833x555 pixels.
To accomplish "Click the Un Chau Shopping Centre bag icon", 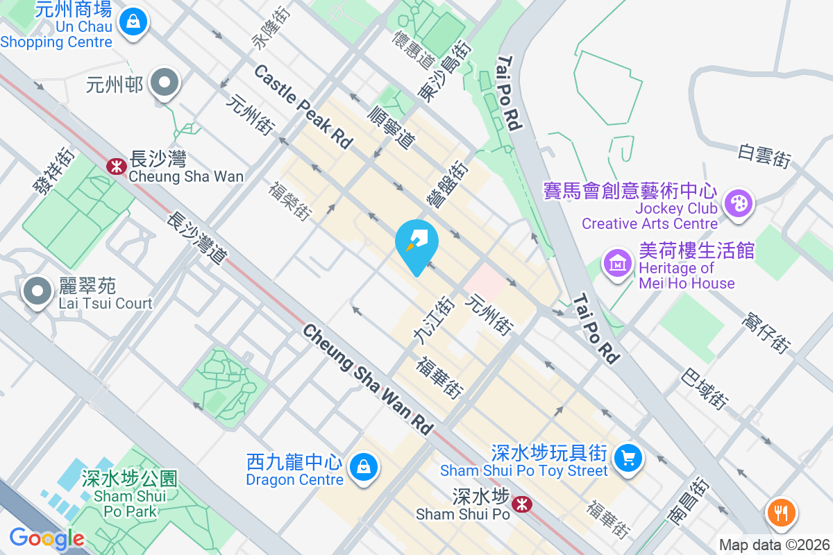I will [131, 20].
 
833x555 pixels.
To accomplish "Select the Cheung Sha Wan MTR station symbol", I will [116, 166].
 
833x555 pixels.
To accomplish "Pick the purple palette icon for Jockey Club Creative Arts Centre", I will [736, 204].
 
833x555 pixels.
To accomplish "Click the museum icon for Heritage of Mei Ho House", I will [616, 264].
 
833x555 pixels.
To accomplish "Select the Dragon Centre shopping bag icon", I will [363, 467].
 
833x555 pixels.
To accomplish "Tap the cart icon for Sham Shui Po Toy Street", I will [628, 458].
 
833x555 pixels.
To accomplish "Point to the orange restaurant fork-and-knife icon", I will [781, 514].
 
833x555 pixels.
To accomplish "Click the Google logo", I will [47, 538].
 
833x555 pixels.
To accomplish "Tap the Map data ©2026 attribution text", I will [774, 545].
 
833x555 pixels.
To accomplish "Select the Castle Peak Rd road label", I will [303, 105].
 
